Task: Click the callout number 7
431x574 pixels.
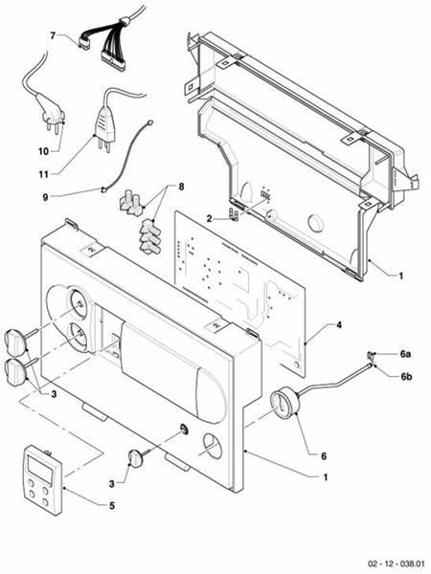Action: coord(53,35)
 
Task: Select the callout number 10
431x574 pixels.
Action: coord(43,151)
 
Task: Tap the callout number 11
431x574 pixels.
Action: coord(43,173)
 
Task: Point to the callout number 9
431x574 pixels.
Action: coord(44,197)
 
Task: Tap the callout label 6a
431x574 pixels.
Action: coord(405,354)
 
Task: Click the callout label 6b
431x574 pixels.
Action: coord(405,376)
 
